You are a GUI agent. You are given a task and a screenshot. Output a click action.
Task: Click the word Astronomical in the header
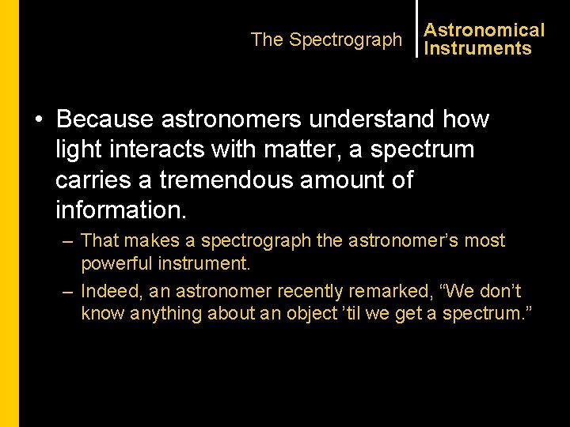[x=484, y=30]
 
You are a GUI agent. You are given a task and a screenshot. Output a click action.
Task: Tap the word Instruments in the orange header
[x=477, y=48]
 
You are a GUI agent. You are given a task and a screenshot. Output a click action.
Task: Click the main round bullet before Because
[x=39, y=120]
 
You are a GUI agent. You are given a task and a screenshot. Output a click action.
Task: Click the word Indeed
[x=112, y=292]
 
